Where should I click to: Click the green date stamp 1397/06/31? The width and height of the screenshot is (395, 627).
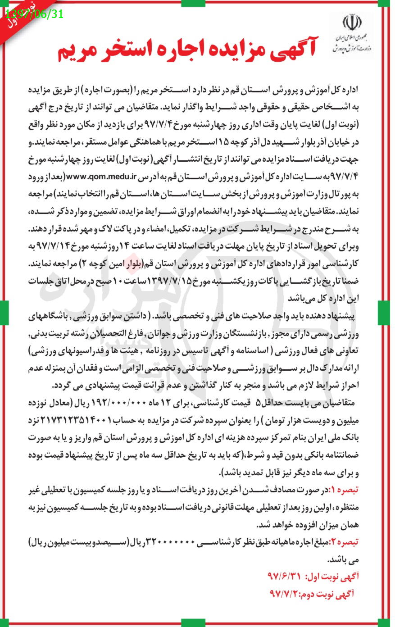(x=34, y=14)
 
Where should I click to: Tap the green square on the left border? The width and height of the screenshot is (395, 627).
(x=4, y=309)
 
